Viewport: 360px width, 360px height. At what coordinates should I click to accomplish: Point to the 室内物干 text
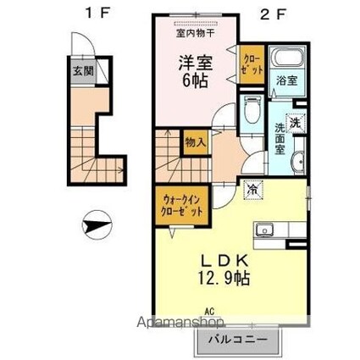[194, 34]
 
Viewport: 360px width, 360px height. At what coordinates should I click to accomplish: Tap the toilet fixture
[252, 109]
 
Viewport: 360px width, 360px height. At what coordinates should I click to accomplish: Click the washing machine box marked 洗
[295, 121]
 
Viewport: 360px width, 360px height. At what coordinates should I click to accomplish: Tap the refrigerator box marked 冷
[251, 191]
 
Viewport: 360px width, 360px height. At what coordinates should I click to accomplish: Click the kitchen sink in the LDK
[265, 230]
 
